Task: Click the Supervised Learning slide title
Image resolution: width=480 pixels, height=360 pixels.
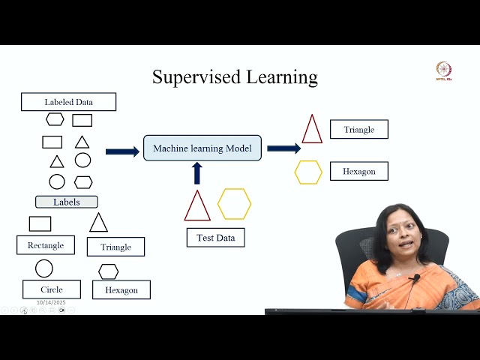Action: tap(235, 77)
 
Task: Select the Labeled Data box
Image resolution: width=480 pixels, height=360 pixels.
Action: tap(68, 102)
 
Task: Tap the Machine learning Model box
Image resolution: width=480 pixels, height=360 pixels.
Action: tap(202, 148)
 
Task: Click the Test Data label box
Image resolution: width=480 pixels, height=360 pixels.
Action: tap(215, 238)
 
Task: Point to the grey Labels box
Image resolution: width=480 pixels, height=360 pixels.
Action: tap(66, 202)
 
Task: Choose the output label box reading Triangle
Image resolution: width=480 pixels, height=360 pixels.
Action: tap(358, 129)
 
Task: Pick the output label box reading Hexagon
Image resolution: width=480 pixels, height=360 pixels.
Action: tap(358, 171)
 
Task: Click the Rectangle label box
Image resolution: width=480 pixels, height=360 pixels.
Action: tap(45, 244)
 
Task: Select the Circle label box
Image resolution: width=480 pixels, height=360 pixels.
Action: tap(52, 289)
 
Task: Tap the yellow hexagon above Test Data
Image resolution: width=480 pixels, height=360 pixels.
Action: tap(234, 204)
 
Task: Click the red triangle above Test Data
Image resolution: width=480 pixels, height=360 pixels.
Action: tap(197, 207)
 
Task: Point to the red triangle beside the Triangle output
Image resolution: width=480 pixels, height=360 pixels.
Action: tap(312, 130)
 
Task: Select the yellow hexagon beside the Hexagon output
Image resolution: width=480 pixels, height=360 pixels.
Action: tap(308, 172)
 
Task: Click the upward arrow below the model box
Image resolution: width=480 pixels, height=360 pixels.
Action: tap(197, 173)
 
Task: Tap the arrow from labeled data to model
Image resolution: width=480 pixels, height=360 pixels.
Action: tap(122, 151)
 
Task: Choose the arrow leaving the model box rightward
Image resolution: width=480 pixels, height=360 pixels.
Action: tap(283, 148)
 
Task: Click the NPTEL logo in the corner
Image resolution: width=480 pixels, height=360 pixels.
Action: tap(444, 71)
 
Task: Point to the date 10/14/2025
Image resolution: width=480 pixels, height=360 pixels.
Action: tap(51, 302)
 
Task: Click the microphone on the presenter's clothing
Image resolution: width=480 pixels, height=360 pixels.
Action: tap(415, 278)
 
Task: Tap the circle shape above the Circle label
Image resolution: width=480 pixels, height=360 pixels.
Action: tap(44, 268)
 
